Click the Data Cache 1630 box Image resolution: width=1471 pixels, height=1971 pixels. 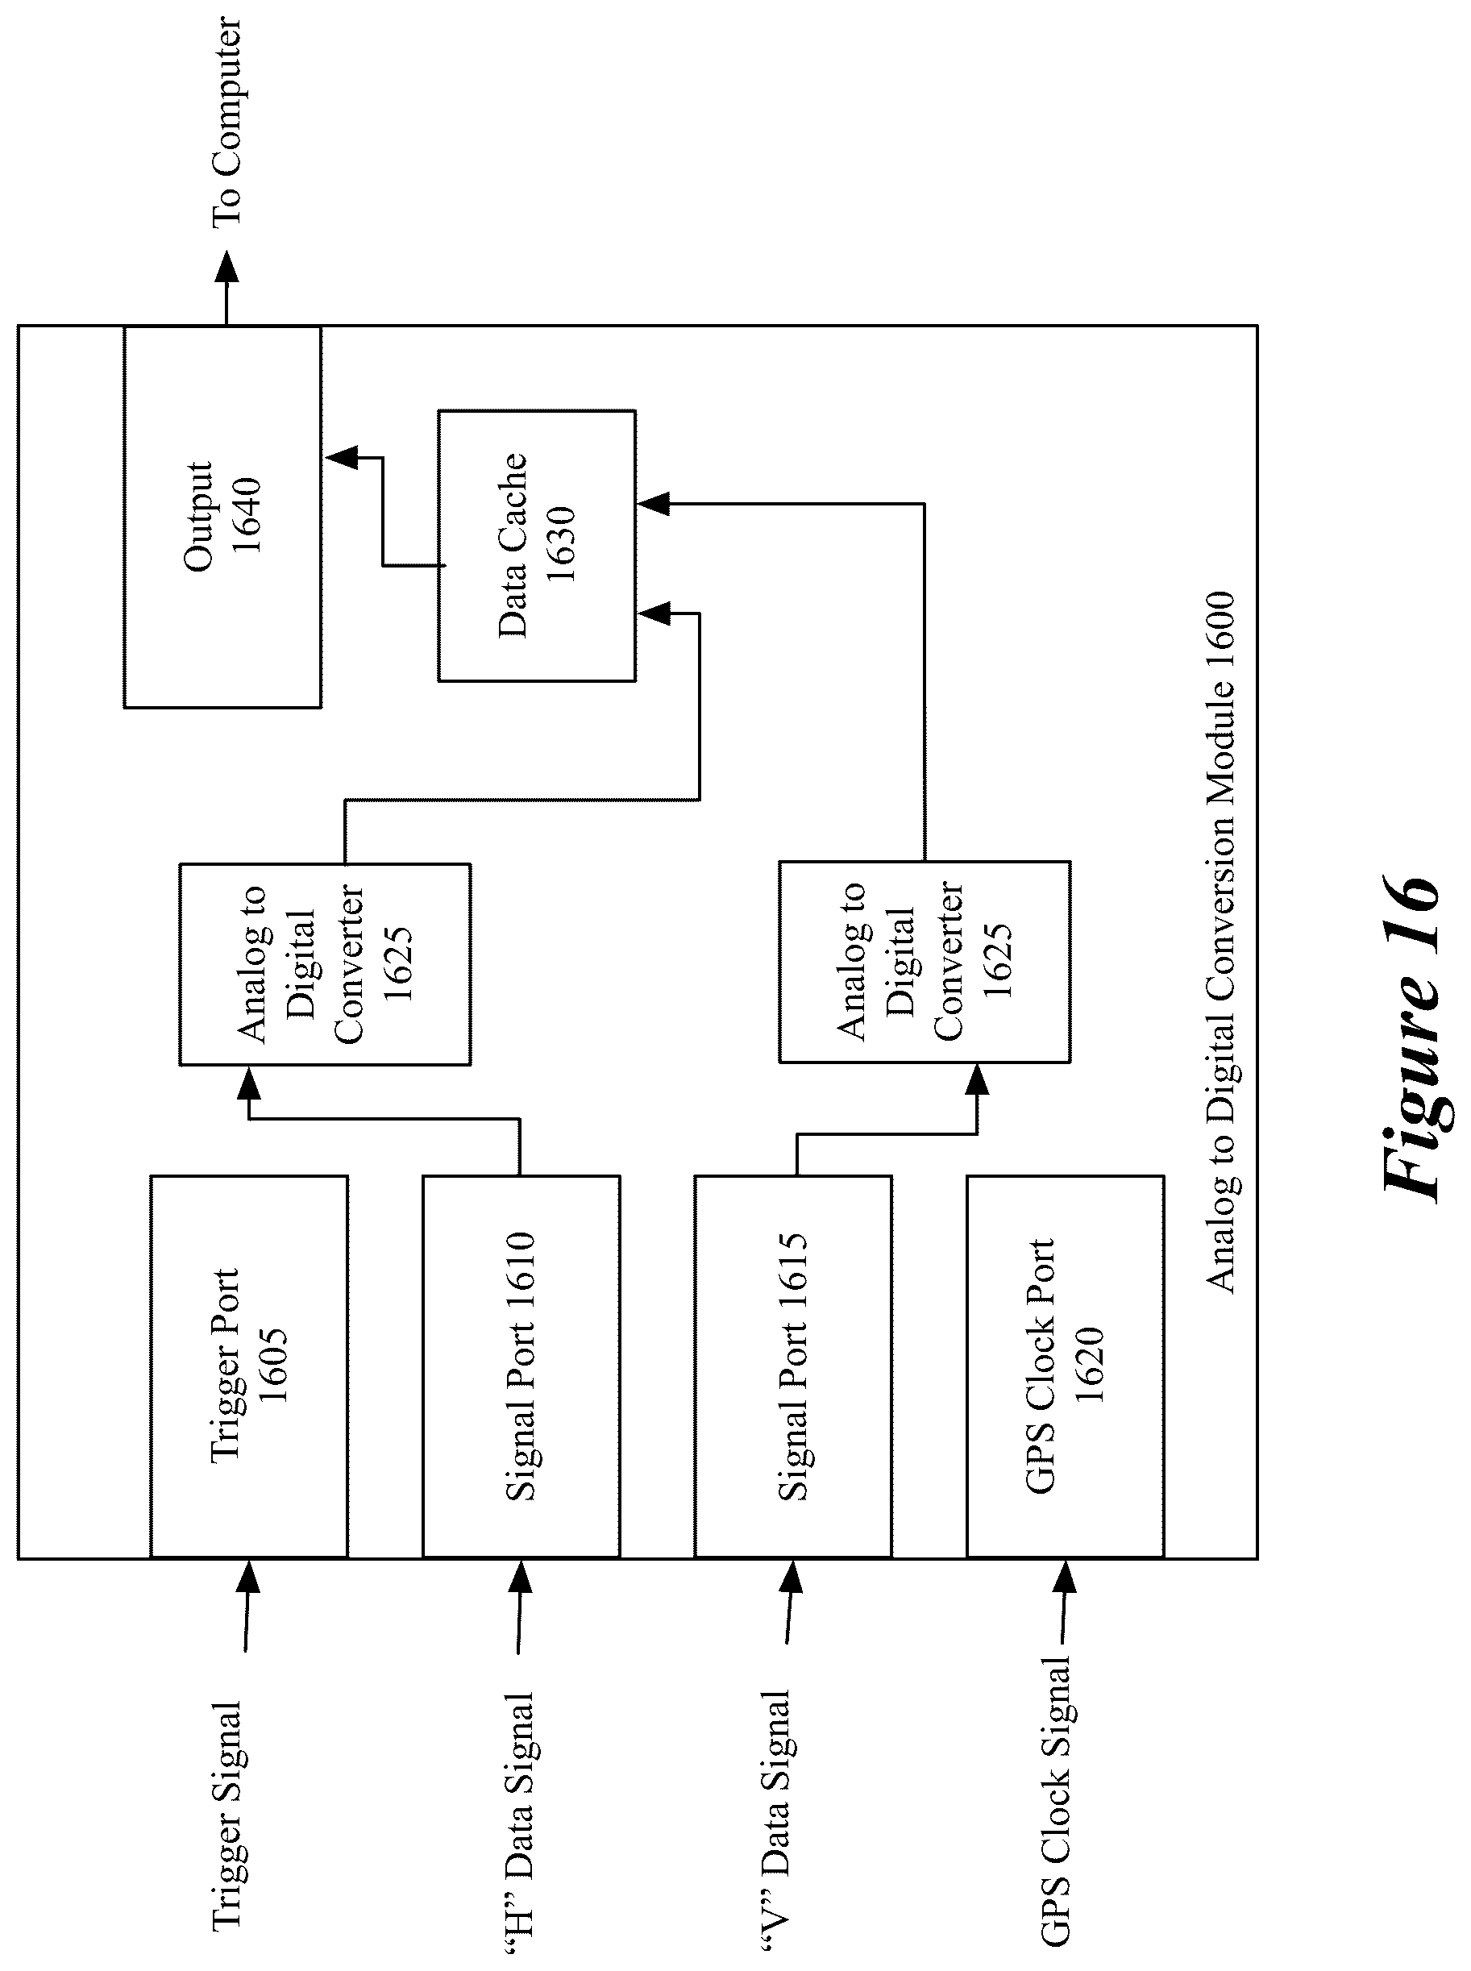coord(537,546)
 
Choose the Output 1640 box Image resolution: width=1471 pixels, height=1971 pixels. coord(222,517)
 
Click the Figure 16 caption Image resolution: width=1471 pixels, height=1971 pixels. coord(1412,1037)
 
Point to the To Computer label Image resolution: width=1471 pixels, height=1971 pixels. coord(226,121)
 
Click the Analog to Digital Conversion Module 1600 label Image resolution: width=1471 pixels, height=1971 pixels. coord(1220,942)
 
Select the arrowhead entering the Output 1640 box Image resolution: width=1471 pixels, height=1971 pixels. coord(342,457)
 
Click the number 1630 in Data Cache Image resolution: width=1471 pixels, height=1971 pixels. coord(562,544)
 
